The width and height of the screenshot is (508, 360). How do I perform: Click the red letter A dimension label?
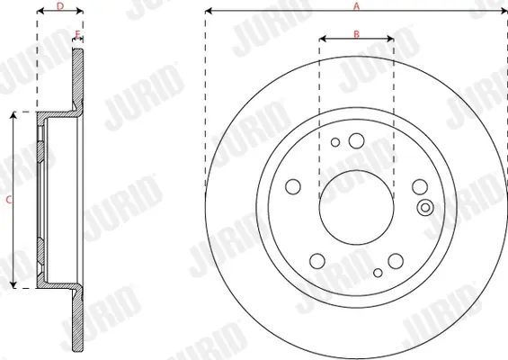356,6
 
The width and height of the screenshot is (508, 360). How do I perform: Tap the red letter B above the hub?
356,34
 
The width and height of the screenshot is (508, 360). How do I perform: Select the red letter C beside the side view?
9,200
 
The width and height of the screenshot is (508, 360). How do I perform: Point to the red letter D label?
60,6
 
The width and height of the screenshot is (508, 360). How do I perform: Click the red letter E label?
77,34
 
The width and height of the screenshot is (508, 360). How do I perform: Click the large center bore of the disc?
356,208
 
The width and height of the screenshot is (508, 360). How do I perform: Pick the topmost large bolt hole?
356,140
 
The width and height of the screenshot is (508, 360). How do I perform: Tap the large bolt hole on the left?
293,187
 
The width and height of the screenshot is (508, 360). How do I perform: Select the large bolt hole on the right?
420,187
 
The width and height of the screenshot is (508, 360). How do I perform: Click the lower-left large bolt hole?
317,261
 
